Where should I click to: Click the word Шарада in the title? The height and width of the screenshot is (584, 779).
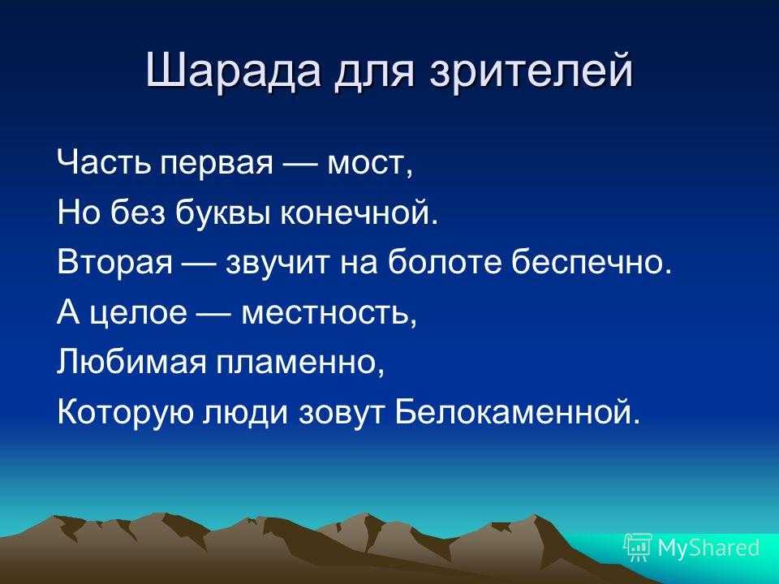tap(234, 71)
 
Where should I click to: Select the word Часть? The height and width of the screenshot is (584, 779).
tap(104, 162)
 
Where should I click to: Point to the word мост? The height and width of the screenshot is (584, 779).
tap(368, 164)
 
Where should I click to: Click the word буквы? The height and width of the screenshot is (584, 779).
tap(224, 212)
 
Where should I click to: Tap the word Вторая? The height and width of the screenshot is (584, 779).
tap(114, 262)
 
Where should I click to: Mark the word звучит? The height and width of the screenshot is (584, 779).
tap(277, 263)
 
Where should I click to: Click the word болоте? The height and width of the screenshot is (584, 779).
tap(445, 261)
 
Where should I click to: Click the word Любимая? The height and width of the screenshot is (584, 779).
tap(131, 361)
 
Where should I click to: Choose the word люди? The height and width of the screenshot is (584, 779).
tap(244, 413)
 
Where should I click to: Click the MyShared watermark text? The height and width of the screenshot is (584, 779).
tap(708, 547)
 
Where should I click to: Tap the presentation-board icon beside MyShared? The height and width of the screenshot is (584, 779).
tap(638, 547)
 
